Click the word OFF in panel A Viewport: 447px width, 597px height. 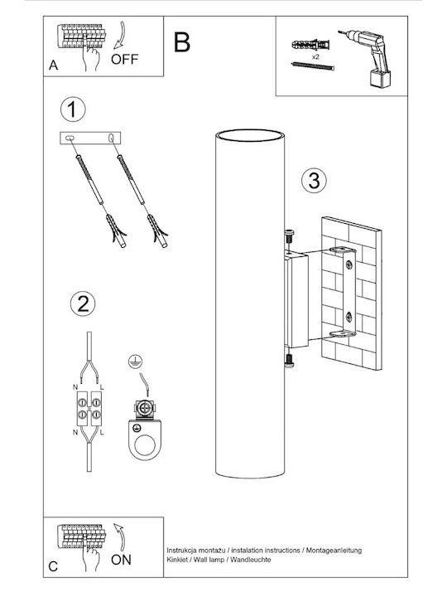[124, 60]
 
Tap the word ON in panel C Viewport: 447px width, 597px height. [121, 560]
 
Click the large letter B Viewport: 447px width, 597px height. [181, 42]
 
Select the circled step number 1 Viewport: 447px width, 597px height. [73, 109]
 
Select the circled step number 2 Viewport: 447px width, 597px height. [83, 303]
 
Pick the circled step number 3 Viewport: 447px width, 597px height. [314, 180]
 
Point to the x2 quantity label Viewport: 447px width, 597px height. [315, 56]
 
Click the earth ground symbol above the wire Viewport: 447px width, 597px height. [135, 360]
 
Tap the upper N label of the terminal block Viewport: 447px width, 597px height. [74, 387]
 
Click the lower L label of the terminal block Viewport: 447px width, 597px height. [102, 433]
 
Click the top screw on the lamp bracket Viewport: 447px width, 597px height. [289, 237]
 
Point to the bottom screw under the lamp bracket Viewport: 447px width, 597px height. [290, 361]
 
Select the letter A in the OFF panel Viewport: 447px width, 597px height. [54, 66]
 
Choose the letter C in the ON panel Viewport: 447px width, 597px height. [53, 566]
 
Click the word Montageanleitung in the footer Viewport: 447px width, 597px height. [334, 551]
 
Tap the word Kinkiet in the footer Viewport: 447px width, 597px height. [177, 560]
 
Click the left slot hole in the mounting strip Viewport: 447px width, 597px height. [70, 138]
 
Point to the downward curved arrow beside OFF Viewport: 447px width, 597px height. [122, 36]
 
